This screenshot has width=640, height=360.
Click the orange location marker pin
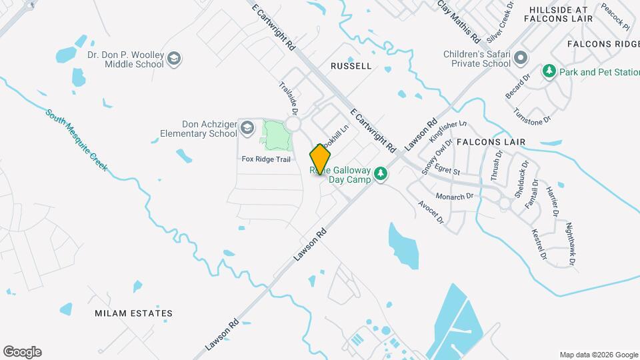[320, 159]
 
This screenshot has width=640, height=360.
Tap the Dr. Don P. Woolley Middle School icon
[175, 59]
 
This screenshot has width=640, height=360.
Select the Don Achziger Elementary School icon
[247, 127]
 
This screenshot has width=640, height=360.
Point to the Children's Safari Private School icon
[521, 59]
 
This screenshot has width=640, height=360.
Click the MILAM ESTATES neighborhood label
[133, 313]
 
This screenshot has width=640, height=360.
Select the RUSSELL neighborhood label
[351, 66]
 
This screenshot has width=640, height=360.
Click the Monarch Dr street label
[455, 196]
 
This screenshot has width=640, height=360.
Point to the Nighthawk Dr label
[570, 244]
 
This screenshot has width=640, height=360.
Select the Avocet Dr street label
[431, 211]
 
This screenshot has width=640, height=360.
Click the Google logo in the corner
[22, 352]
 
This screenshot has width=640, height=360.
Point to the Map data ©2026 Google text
[598, 355]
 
